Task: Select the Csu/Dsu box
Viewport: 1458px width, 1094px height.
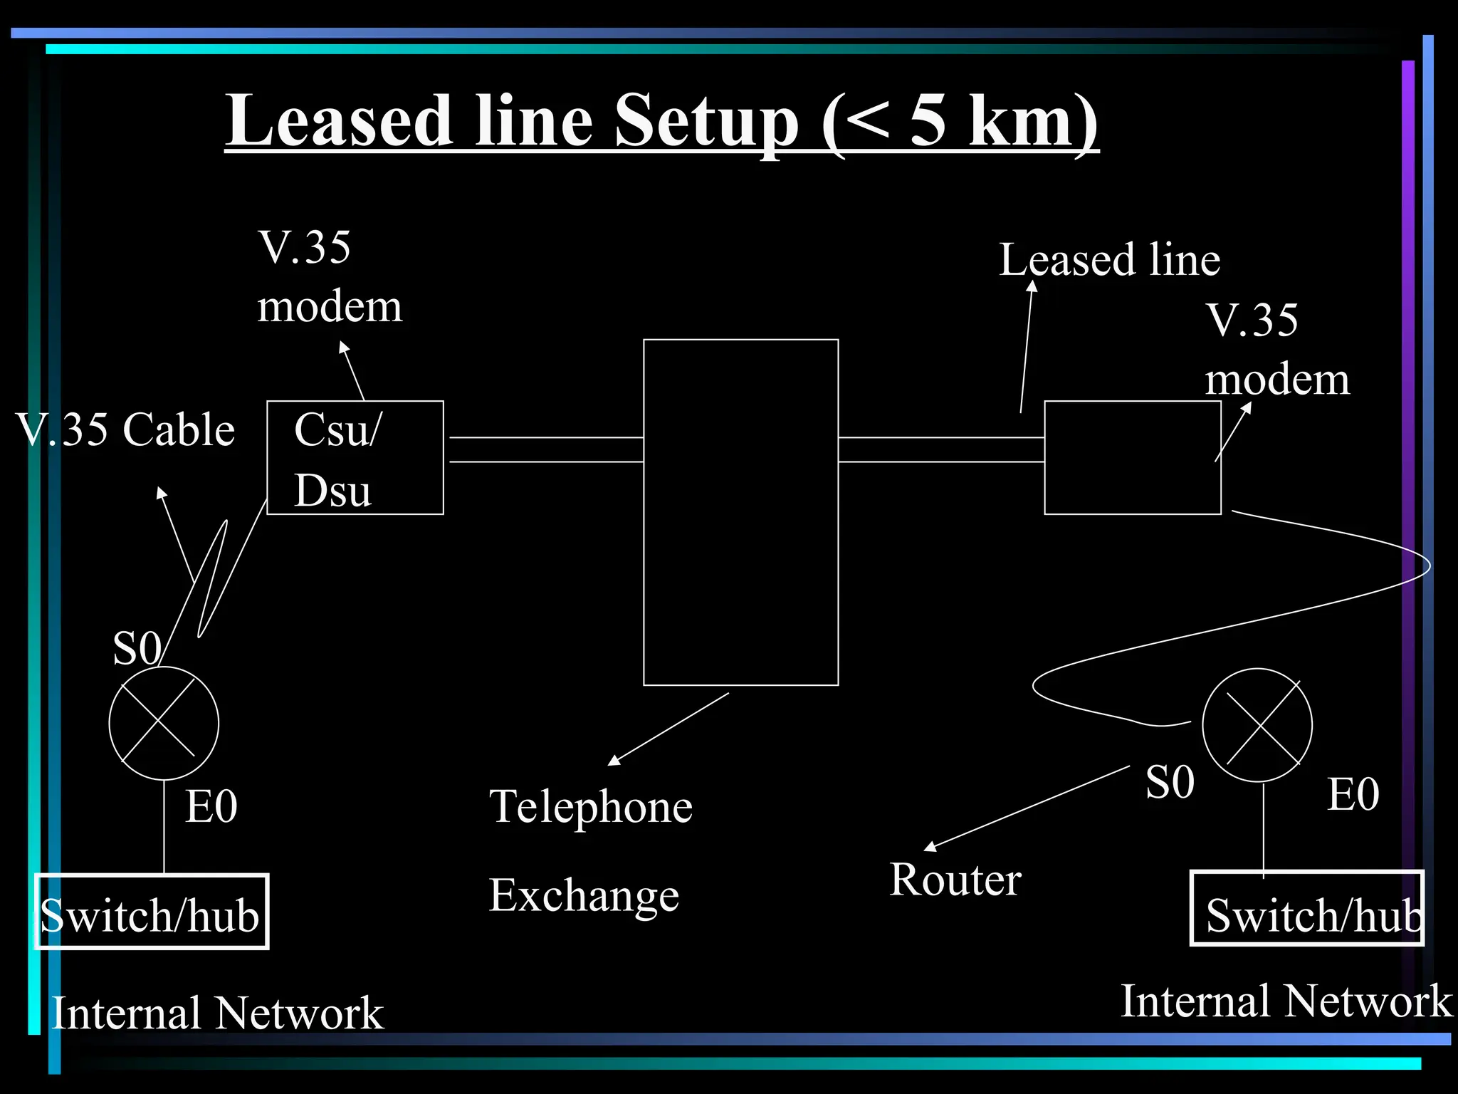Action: (x=355, y=458)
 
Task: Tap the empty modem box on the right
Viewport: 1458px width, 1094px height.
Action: (x=1132, y=458)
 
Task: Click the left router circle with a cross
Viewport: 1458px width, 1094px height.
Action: (x=164, y=723)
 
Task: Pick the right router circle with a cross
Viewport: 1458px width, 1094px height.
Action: (x=1257, y=725)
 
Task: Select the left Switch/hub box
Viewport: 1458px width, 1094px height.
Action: (x=152, y=912)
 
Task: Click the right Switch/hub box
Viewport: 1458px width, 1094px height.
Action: (x=1307, y=909)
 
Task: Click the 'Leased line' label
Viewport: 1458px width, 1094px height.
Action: (x=1109, y=259)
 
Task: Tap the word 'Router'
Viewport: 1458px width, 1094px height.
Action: (x=955, y=880)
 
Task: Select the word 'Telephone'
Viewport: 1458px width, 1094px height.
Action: (x=590, y=807)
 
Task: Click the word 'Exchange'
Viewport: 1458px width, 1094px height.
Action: (x=584, y=895)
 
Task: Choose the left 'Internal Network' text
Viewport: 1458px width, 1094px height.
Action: (x=218, y=1013)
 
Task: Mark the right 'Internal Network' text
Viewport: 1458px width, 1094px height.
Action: (x=1286, y=1001)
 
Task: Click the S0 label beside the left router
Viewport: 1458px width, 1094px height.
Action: (x=137, y=648)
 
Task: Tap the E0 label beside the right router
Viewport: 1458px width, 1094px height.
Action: (x=1353, y=794)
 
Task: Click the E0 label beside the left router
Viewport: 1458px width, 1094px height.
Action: (x=211, y=807)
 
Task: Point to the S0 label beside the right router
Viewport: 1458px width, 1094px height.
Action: (x=1170, y=782)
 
